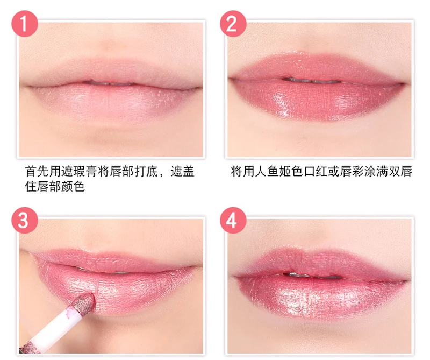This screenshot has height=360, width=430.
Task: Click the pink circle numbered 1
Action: pyautogui.click(x=24, y=24)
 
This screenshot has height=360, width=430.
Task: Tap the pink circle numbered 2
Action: pyautogui.click(x=233, y=24)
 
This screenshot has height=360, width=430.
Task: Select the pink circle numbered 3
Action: pyautogui.click(x=24, y=220)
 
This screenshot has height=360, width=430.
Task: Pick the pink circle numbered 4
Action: pyautogui.click(x=233, y=220)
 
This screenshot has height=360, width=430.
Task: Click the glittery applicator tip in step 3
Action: pyautogui.click(x=84, y=304)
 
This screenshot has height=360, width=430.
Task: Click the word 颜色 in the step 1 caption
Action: pyautogui.click(x=73, y=186)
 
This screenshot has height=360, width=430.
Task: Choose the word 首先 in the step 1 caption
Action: pyautogui.click(x=37, y=171)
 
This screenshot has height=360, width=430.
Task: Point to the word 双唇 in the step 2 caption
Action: pyautogui.click(x=400, y=171)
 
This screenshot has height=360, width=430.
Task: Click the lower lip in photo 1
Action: pyautogui.click(x=110, y=103)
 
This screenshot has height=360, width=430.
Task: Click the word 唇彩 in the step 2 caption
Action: pyautogui.click(x=352, y=171)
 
